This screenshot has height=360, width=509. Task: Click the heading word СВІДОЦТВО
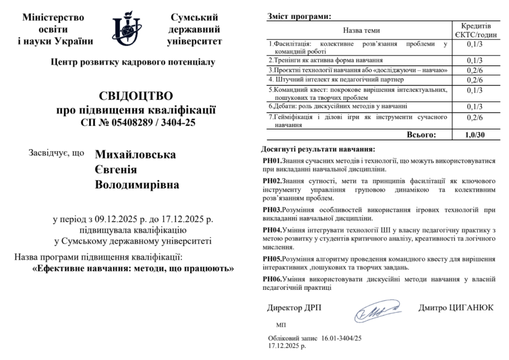click(x=136, y=96)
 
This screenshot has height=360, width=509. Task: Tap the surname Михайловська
click(x=135, y=155)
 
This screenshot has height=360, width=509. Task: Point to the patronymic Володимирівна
click(x=137, y=185)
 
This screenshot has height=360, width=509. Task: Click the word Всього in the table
click(x=421, y=134)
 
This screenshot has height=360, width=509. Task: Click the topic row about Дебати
click(x=338, y=106)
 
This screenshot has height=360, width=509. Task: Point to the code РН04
click(x=272, y=230)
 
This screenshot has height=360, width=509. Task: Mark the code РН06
click(x=272, y=279)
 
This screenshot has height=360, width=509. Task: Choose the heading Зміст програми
click(x=299, y=16)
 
